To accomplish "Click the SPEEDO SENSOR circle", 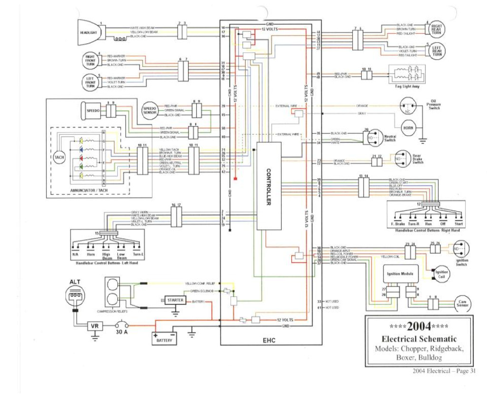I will tap(150, 110).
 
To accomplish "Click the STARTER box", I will tap(176, 300).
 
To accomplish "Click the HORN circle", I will tap(408, 128).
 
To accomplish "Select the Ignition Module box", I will tap(400, 274).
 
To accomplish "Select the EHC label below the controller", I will tap(270, 340).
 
